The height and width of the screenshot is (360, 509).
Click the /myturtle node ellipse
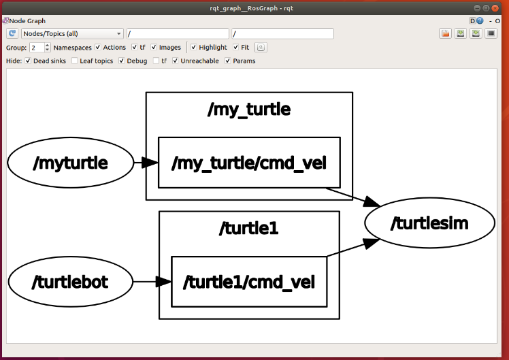[70, 163]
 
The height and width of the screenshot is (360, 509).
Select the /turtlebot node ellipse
[71, 281]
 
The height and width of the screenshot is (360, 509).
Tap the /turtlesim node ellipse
[429, 223]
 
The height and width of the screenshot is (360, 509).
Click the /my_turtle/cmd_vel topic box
[248, 163]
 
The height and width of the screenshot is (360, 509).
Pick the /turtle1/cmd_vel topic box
[248, 281]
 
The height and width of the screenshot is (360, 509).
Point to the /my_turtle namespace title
[248, 109]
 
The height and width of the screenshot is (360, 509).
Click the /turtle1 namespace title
[248, 228]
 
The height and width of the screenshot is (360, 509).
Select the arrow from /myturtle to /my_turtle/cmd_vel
[145, 163]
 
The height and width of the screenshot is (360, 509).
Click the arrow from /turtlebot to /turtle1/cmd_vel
[152, 281]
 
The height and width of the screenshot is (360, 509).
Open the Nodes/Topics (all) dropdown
[72, 33]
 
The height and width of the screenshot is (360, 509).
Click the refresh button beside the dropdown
[13, 33]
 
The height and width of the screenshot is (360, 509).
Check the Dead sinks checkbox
[28, 61]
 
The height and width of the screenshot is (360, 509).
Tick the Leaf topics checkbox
[75, 61]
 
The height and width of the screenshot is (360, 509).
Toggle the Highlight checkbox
[194, 48]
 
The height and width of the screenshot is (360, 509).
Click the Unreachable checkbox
[176, 61]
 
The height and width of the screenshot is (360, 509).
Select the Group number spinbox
[38, 48]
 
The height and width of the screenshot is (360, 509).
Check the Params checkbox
[228, 61]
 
